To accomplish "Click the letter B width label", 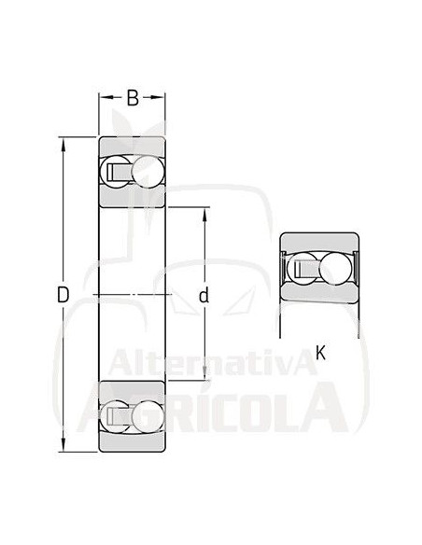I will pyautogui.click(x=133, y=97).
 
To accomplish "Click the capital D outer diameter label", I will pyautogui.click(x=63, y=296).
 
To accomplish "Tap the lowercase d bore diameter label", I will pyautogui.click(x=204, y=296).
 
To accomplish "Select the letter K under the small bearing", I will pyautogui.click(x=320, y=352).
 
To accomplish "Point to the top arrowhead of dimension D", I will pyautogui.click(x=63, y=144).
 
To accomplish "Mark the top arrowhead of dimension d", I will pyautogui.click(x=204, y=213).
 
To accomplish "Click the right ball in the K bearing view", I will pyautogui.click(x=334, y=269).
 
